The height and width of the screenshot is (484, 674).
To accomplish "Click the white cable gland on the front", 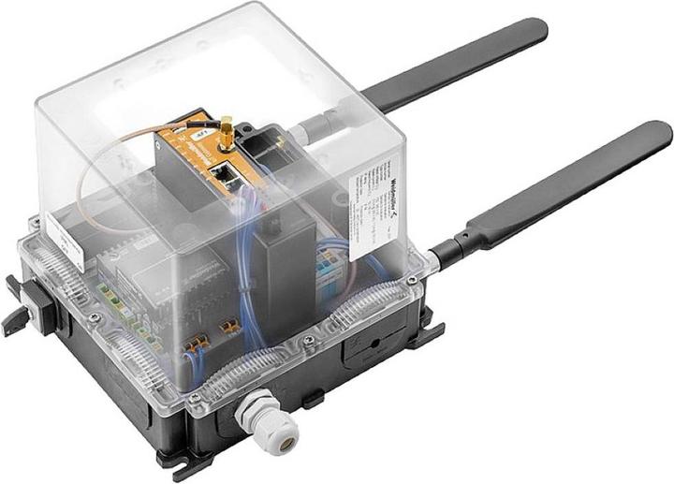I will pos(271,430).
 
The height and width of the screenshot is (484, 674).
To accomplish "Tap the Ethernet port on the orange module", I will pos(225,172).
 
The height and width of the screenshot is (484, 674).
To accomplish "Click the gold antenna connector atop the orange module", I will pos(227,132).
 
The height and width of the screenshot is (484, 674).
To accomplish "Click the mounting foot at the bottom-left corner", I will pos(177,459).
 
